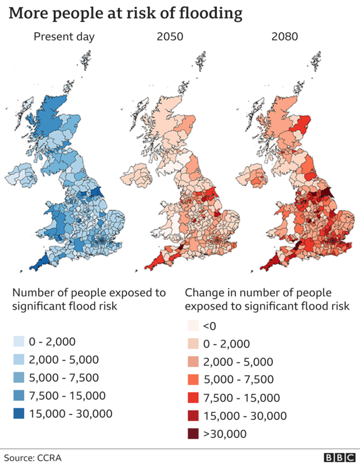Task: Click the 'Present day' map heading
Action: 63,38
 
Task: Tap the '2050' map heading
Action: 170,38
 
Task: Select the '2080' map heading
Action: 285,38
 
